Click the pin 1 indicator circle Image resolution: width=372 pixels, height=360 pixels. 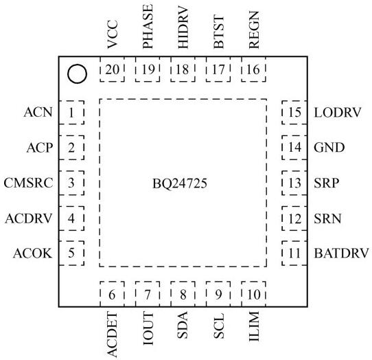pyautogui.click(x=77, y=74)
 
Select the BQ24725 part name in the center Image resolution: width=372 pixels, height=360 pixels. pyautogui.click(x=180, y=183)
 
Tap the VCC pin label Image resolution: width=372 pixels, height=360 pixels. pyautogui.click(x=112, y=34)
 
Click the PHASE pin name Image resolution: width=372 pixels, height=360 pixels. pyautogui.click(x=148, y=27)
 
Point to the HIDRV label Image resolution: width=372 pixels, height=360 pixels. pyautogui.click(x=183, y=28)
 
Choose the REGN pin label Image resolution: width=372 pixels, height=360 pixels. pyautogui.click(x=254, y=30)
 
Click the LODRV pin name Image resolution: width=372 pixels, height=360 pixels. pyautogui.click(x=338, y=113)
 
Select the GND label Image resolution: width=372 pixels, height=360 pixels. pyautogui.click(x=329, y=148)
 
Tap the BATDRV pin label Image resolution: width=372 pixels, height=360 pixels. pyautogui.click(x=341, y=253)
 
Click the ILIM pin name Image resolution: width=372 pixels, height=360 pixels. pyautogui.click(x=254, y=326)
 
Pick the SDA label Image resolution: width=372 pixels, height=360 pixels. pyautogui.click(x=183, y=325)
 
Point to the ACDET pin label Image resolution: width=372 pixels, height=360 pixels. pyautogui.click(x=112, y=335)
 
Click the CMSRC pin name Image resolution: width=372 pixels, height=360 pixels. pyautogui.click(x=28, y=183)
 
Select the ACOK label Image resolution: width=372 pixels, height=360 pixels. pyautogui.click(x=32, y=253)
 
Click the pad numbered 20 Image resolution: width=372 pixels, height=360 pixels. pyautogui.click(x=112, y=69)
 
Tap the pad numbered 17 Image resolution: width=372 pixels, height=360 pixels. pyautogui.click(x=218, y=69)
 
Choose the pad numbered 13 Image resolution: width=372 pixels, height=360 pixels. pyautogui.click(x=294, y=183)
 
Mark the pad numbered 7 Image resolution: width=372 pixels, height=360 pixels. pyautogui.click(x=148, y=294)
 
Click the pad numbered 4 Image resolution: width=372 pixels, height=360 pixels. pyautogui.click(x=71, y=218)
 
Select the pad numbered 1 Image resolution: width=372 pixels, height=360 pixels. pyautogui.click(x=71, y=113)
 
